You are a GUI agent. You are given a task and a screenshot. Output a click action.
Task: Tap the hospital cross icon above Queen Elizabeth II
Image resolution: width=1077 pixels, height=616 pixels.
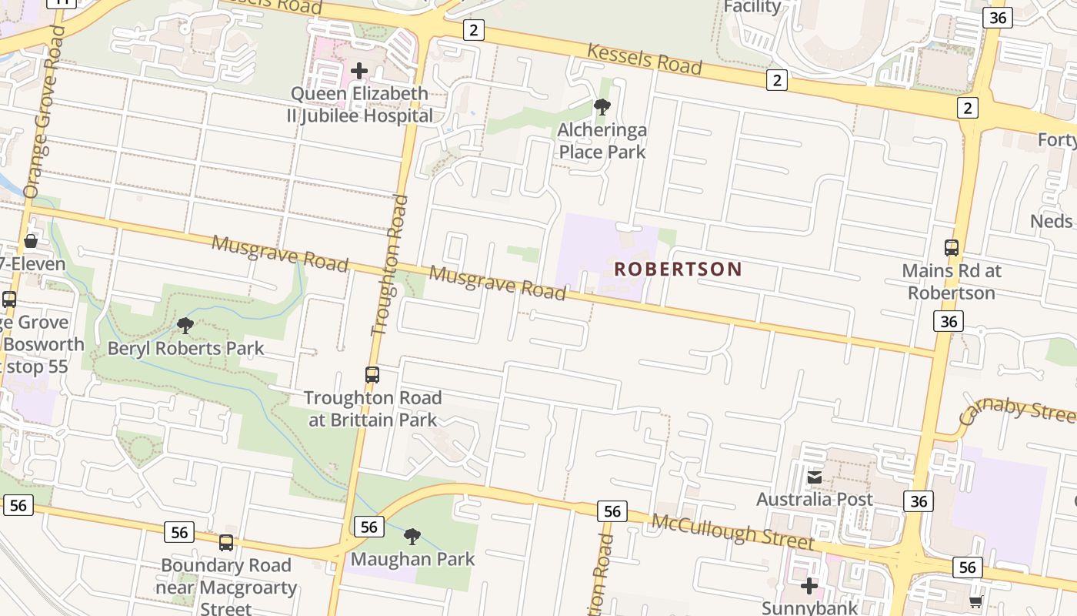358,71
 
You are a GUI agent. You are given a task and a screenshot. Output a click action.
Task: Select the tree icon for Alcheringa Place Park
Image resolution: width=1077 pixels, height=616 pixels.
602,107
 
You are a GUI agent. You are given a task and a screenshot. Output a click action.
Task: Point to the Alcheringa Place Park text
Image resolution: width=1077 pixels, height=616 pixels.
602,140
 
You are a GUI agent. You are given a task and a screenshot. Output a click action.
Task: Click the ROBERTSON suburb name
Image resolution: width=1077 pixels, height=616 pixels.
678,269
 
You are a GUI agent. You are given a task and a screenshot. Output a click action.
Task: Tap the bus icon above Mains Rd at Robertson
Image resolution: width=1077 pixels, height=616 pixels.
952,248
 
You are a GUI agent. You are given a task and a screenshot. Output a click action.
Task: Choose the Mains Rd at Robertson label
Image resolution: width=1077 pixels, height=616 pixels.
952,282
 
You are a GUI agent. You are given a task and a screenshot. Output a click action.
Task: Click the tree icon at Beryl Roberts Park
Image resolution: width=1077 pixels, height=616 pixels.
185,325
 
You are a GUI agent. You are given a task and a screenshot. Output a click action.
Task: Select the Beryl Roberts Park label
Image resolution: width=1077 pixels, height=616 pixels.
185,348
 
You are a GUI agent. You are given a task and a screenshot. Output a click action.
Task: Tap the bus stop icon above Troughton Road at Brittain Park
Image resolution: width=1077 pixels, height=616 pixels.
372,375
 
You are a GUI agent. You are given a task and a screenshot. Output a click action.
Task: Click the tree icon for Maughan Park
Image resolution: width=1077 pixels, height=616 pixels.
412,536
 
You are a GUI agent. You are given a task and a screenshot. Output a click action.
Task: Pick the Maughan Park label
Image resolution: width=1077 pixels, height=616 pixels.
412,559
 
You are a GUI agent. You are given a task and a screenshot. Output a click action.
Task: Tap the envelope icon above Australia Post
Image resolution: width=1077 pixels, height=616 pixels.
815,477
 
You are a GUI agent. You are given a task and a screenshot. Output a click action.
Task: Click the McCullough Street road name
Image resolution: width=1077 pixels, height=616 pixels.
732,532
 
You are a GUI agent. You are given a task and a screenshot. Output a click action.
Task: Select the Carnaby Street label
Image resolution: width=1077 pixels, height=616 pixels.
1017,412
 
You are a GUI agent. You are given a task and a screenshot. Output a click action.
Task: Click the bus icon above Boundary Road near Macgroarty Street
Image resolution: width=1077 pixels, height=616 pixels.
226,543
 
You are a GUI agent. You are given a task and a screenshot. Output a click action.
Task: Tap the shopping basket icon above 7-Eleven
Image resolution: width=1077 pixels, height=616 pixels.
31,241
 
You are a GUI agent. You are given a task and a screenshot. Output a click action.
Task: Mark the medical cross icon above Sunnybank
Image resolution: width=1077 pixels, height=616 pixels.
809,586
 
